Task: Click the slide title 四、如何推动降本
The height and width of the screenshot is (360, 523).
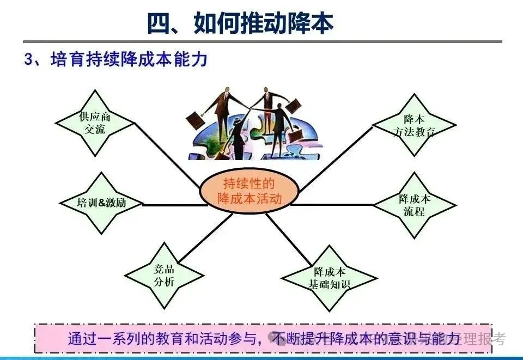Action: tap(240, 23)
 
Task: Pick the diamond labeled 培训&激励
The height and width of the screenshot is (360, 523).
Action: tap(101, 203)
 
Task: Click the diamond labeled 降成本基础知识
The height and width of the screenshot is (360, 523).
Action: tap(329, 278)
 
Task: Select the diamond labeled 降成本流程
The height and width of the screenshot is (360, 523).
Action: tap(414, 205)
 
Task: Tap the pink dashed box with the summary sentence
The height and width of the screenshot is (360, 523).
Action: tap(261, 338)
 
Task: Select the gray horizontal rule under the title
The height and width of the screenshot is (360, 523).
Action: tap(261, 41)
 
